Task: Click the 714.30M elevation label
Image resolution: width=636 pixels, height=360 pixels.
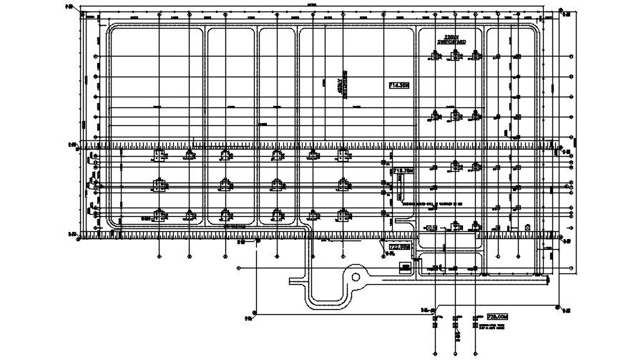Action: pyautogui.click(x=398, y=85)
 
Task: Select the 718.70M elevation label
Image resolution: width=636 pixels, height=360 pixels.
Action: pyautogui.click(x=404, y=171)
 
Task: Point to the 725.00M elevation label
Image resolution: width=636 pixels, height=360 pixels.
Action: pyautogui.click(x=496, y=316)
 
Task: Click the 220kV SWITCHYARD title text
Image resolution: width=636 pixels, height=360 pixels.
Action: pyautogui.click(x=451, y=40)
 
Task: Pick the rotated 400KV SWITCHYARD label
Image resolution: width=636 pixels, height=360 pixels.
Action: pyautogui.click(x=345, y=84)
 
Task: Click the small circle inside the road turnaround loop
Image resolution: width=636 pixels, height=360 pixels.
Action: pyautogui.click(x=356, y=277)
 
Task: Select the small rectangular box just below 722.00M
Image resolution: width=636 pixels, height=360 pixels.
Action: pyautogui.click(x=406, y=267)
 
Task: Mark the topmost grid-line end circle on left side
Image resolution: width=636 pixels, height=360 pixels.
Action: pyautogui.click(x=96, y=57)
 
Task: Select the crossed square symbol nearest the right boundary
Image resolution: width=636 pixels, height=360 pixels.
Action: pyautogui.click(x=527, y=228)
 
